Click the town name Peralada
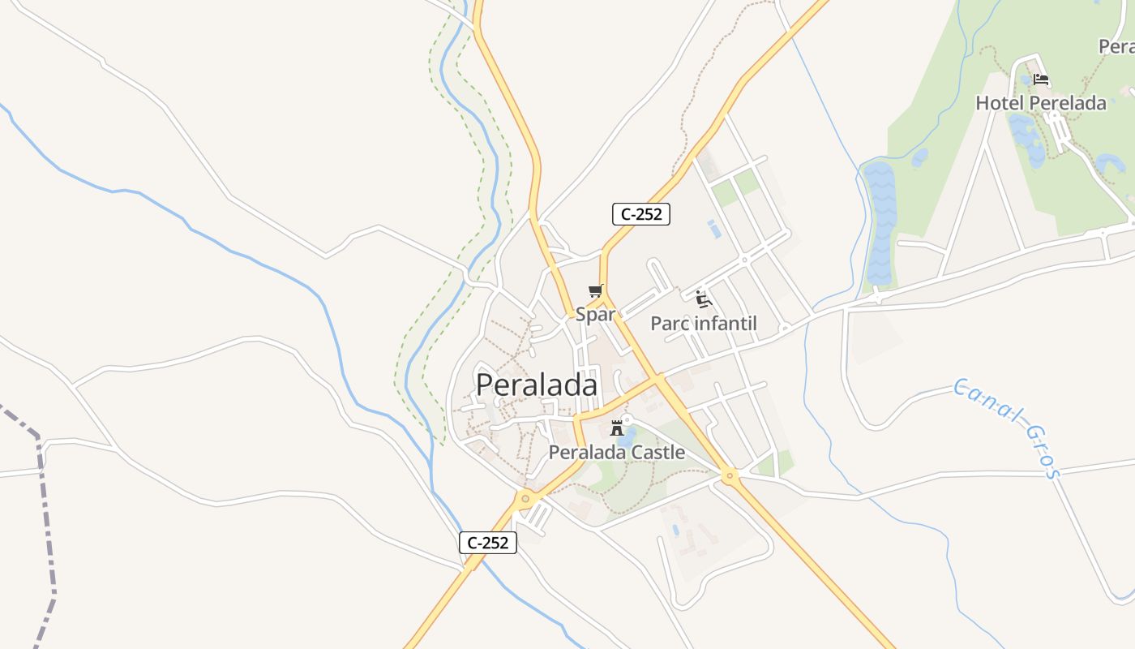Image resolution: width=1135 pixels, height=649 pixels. coord(537,385)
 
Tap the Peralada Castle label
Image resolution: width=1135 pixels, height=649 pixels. coord(617,453)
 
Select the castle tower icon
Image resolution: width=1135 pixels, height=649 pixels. coord(617,428)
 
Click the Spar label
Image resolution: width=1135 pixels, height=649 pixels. coord(596,315)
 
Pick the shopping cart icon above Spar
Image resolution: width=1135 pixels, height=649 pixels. coord(596,291)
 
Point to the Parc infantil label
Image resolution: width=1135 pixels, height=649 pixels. coord(704,324)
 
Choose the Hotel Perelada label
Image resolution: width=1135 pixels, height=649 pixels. coord(1041,103)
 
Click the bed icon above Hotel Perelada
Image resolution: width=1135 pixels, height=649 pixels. coord(1042,80)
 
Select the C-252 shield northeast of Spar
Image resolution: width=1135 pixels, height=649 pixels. coord(640,214)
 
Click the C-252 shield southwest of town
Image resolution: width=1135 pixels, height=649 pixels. coord(488,543)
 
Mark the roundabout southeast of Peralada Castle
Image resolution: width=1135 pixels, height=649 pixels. coord(730,476)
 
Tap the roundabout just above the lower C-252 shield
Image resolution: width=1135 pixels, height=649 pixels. coord(525,498)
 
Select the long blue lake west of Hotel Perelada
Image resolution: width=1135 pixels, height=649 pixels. coord(880,219)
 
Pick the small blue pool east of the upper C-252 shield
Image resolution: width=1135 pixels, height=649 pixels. coord(714,229)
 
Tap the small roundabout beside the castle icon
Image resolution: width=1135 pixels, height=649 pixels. coord(627,419)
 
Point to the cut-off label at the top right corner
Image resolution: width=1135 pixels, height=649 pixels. coord(1116,46)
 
